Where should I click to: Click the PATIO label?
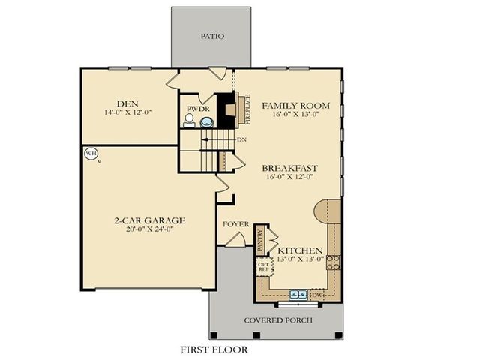pyautogui.click(x=212, y=36)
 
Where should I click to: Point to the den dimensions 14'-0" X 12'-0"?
pyautogui.click(x=127, y=112)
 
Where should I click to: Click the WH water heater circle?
pyautogui.click(x=91, y=154)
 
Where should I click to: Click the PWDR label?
pyautogui.click(x=197, y=108)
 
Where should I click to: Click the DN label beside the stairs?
pyautogui.click(x=242, y=139)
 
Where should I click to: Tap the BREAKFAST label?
pyautogui.click(x=291, y=168)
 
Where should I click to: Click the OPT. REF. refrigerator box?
pyautogui.click(x=264, y=267)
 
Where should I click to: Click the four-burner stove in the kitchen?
pyautogui.click(x=333, y=262)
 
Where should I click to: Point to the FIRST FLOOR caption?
pyautogui.click(x=214, y=349)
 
